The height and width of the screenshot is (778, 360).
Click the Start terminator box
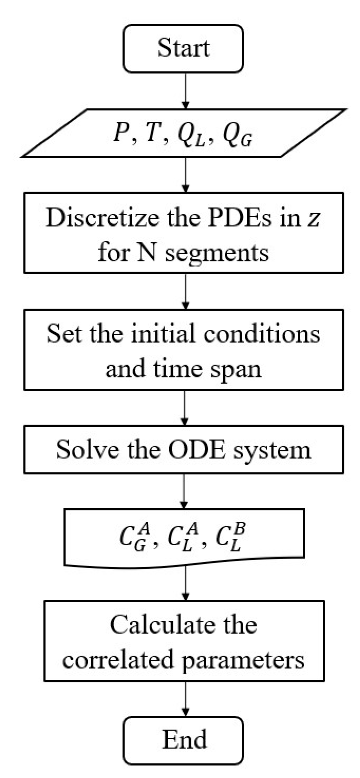pos(183,49)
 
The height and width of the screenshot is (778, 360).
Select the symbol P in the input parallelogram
pos(121,133)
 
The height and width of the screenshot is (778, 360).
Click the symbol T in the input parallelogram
pos(152,133)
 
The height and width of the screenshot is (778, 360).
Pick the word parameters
pos(243,660)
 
